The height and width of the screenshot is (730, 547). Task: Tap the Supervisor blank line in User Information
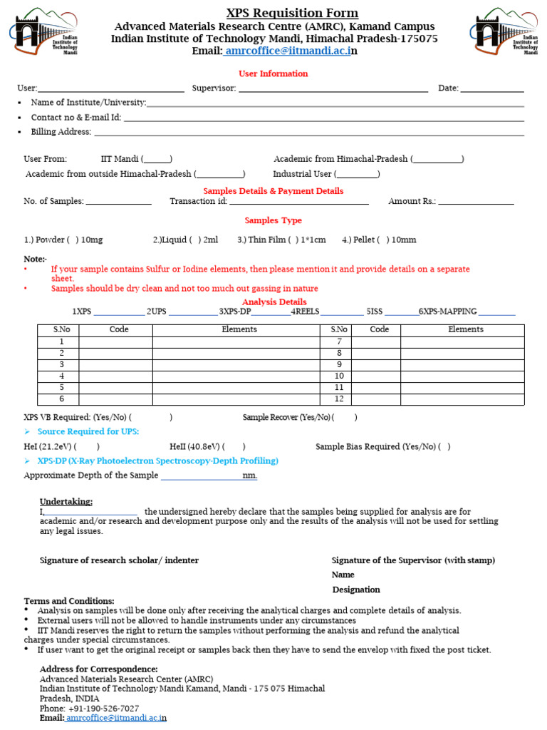click(333, 89)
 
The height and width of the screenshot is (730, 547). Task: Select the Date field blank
click(491, 89)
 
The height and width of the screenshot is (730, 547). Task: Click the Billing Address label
click(61, 132)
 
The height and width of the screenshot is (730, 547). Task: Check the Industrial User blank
click(357, 174)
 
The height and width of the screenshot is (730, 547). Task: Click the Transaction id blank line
click(298, 202)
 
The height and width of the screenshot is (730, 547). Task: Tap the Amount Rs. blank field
click(476, 202)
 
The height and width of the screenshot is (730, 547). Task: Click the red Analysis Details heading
click(274, 302)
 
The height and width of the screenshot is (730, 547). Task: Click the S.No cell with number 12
click(339, 399)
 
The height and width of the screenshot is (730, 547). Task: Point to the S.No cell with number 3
click(62, 364)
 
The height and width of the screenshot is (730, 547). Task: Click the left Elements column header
click(239, 329)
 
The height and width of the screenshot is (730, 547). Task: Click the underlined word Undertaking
click(66, 502)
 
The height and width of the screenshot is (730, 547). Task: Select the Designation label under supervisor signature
click(356, 590)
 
